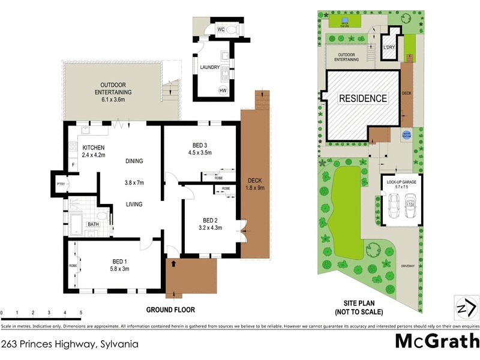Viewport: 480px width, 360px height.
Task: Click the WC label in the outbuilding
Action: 220,29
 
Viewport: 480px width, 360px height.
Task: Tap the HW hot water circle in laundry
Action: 223,91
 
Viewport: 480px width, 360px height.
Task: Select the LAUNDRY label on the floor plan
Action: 209,68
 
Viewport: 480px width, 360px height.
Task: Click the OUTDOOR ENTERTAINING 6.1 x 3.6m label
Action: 113,92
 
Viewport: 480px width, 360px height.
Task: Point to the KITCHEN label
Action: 94,148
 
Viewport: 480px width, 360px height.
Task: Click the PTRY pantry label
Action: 60,185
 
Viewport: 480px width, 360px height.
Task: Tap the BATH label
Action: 93,224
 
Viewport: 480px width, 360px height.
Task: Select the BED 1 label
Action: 121,261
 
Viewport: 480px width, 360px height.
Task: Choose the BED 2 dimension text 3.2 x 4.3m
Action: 211,227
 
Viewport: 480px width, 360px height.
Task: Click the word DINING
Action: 134,161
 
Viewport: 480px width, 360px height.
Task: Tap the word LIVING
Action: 134,205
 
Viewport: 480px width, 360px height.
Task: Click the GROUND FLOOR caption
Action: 170,310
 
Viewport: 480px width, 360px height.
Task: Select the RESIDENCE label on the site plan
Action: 363,98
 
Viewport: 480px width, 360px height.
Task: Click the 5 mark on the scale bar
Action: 81,313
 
